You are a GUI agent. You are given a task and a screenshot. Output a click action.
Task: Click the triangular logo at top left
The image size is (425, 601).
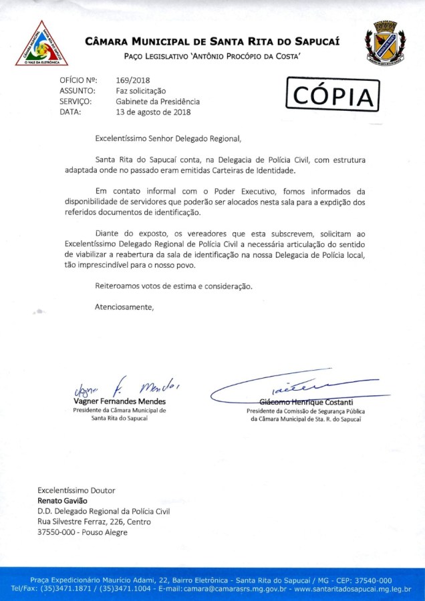tap(41, 43)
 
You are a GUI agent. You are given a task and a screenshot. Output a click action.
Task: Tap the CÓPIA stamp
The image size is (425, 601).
tap(333, 95)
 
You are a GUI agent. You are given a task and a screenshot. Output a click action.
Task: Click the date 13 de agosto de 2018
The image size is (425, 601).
tap(153, 112)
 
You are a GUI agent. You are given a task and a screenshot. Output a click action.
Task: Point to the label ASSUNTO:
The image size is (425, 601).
tap(78, 91)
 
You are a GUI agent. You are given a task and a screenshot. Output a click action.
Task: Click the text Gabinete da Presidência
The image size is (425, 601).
tap(158, 102)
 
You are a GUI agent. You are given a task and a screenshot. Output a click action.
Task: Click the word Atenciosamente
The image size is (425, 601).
tap(124, 307)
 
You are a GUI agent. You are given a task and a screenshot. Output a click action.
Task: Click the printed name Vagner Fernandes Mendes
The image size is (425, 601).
tap(119, 401)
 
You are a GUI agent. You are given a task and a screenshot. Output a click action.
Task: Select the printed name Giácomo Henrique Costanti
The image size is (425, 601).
tap(306, 401)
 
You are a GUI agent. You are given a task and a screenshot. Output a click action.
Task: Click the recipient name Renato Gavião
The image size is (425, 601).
tap(62, 501)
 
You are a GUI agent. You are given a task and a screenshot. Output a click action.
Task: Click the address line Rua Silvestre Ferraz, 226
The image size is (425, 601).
tap(94, 522)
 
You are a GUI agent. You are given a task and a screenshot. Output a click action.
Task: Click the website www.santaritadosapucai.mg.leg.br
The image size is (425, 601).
tap(352, 589)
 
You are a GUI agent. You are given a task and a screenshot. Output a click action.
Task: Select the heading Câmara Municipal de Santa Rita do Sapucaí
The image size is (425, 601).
tap(212, 41)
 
